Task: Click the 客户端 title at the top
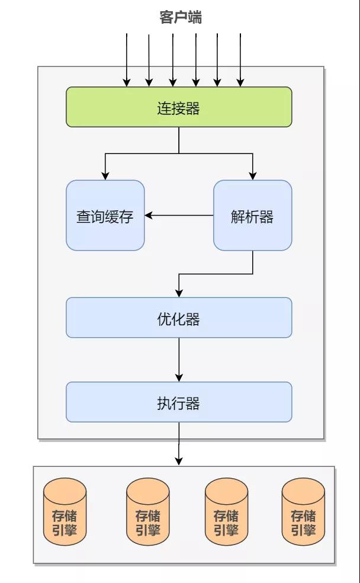point(181,18)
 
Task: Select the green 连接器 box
point(179,107)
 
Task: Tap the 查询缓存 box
point(105,216)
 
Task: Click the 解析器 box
point(252,216)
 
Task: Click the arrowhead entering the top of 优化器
point(179,293)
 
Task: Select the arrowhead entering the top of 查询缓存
point(105,176)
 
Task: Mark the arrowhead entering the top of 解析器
point(253,176)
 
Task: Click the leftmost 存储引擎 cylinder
point(65,512)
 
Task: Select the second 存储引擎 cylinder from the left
point(148,512)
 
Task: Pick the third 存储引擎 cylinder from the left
point(226,512)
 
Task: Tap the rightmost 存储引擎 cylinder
point(303,512)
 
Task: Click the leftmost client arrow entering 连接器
point(127,59)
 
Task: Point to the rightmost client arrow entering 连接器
point(240,59)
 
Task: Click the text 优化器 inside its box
point(179,319)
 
